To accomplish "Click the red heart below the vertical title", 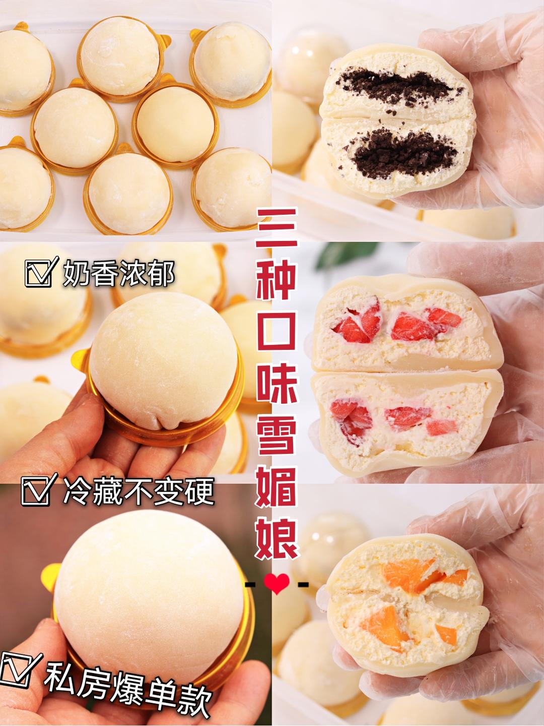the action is [277, 584].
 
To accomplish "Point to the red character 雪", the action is [277, 437].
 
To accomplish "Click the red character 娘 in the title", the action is [277, 540].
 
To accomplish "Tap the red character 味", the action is [277, 384].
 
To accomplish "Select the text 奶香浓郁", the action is [118, 274].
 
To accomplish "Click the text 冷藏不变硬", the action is [138, 491].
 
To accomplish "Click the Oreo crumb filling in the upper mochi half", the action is [396, 87].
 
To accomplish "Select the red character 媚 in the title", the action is [277, 489].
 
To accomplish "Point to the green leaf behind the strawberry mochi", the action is [345, 255].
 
